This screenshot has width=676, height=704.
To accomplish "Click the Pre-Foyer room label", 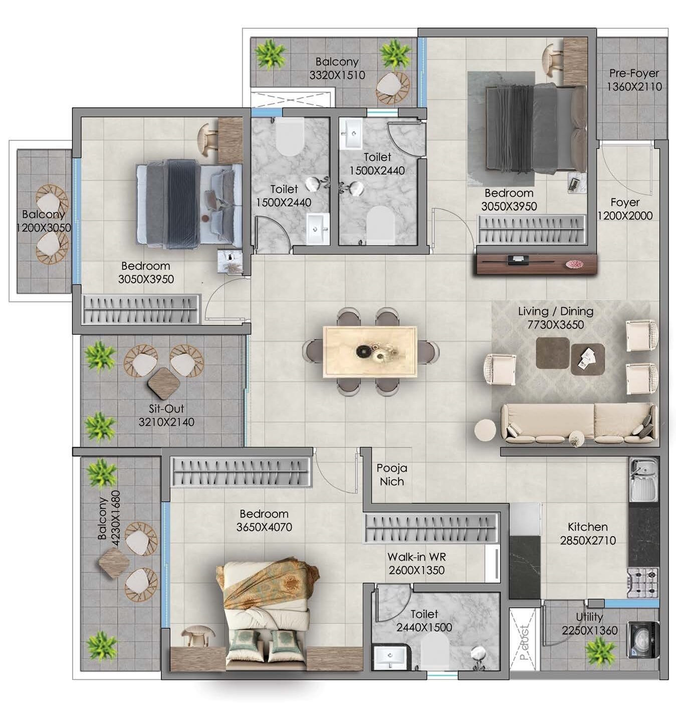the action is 634,73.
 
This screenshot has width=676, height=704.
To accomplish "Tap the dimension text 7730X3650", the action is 556,324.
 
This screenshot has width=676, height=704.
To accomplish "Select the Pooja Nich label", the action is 392,475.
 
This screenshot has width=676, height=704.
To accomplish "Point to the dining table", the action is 370,352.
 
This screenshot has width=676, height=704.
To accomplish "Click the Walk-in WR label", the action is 416,557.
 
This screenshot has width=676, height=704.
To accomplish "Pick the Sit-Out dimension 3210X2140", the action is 166,422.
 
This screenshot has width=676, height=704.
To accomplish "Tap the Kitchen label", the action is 587,526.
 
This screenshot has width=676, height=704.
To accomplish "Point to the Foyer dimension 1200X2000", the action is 625,216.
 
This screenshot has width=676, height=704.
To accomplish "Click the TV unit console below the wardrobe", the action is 536,264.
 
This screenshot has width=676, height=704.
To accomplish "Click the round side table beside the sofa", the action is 485,430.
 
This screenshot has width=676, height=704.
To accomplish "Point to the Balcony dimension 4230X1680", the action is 115,518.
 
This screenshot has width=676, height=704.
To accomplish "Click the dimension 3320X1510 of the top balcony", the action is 337,75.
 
